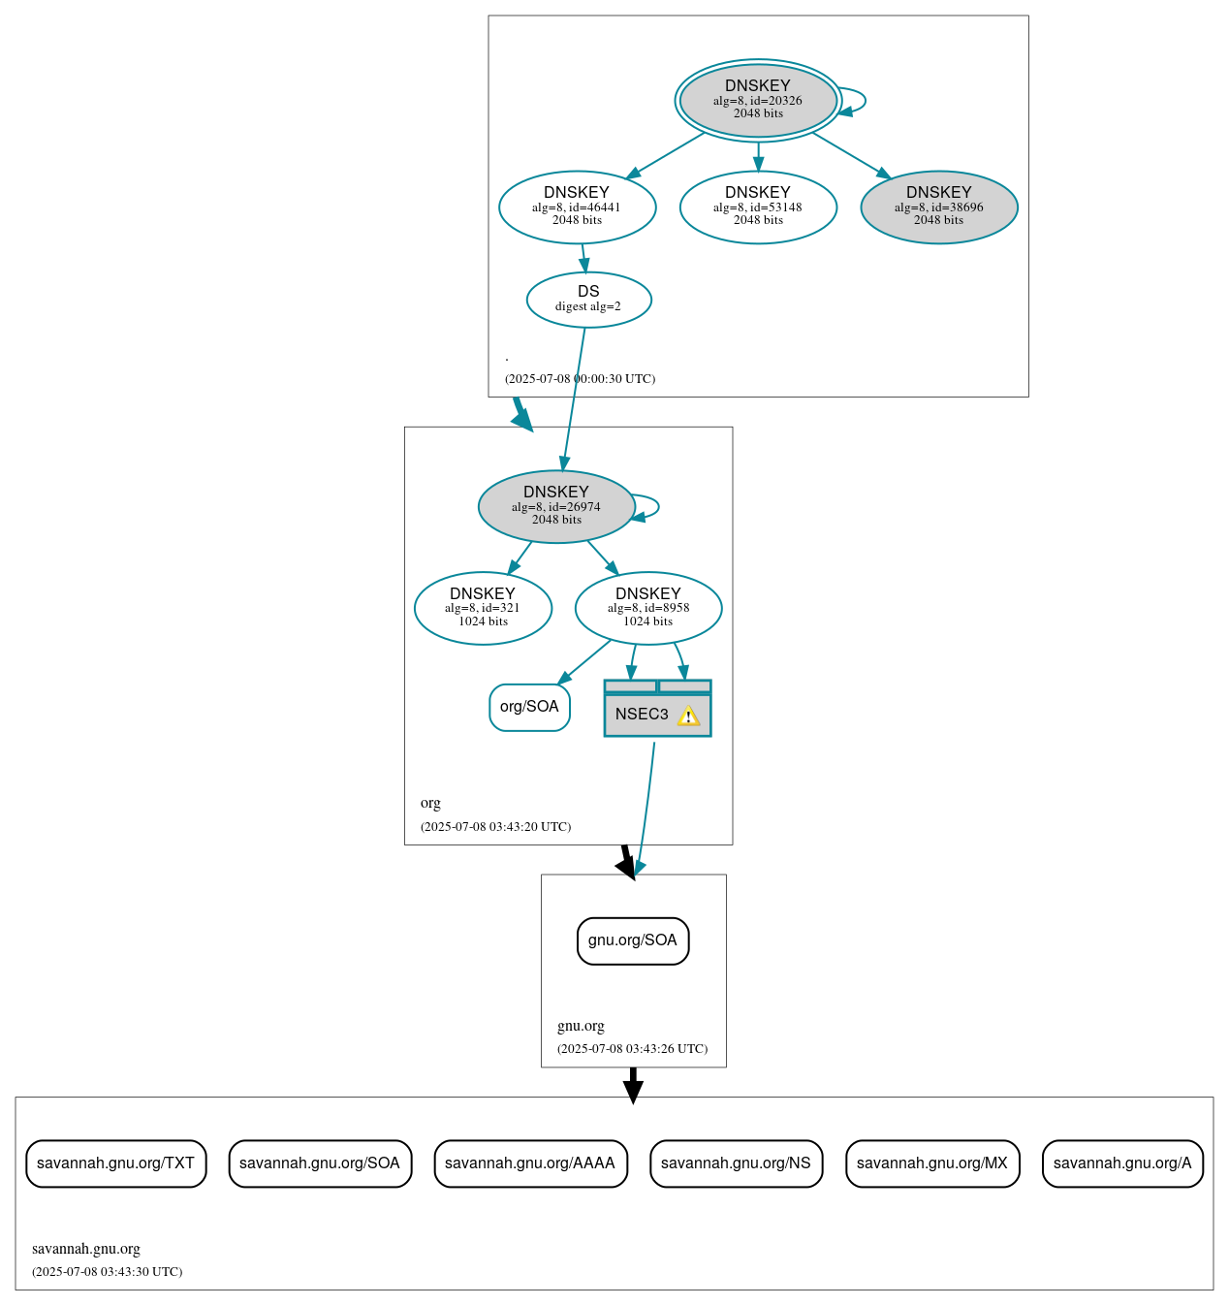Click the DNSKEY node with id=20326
758,100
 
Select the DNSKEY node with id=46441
577,207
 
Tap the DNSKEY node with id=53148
758,207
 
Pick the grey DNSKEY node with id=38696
938,207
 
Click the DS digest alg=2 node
588,299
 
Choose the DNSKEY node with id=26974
556,506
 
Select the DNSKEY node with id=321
483,608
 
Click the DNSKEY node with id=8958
647,608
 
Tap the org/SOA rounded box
529,707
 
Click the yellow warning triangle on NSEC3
688,717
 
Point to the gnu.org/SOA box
633,940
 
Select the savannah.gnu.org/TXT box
115,1163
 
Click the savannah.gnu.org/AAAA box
530,1163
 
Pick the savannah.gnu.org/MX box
931,1163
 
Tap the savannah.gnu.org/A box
1121,1163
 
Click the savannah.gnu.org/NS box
736,1163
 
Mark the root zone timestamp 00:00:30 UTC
580,379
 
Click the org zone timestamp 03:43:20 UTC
495,827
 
